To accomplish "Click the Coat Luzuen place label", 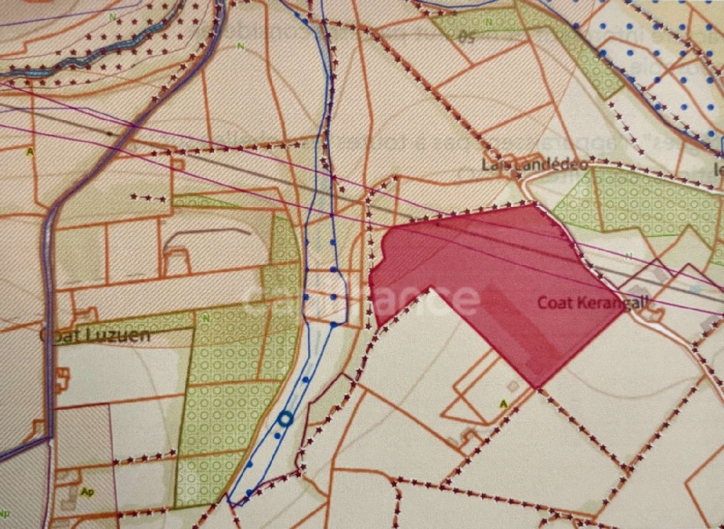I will (95, 335).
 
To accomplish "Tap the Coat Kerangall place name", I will (592, 303).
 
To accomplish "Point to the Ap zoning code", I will (87, 492).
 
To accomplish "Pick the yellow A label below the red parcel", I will (504, 404).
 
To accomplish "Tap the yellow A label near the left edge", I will (30, 152).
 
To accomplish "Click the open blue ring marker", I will (285, 419).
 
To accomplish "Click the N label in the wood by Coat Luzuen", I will (207, 318).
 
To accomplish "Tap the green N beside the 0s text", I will (489, 22).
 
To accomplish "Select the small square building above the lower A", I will (513, 386).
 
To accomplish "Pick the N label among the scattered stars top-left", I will (112, 16).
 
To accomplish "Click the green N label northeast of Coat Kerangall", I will (628, 255).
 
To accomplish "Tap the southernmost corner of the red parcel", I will (537, 386).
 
